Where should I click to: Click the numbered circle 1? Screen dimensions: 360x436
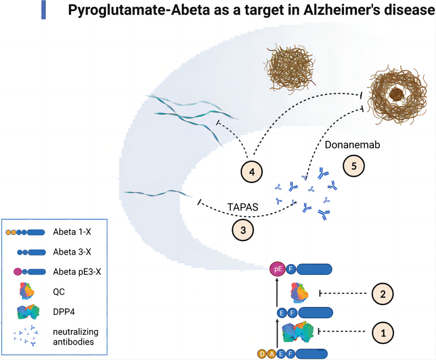383,333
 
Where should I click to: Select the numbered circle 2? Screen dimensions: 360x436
383,294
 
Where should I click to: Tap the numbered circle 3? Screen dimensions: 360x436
243,230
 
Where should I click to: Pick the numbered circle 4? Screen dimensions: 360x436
252,172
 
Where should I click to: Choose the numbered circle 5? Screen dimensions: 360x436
354,166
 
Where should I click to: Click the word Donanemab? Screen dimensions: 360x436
347,145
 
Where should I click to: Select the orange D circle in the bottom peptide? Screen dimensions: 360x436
262,354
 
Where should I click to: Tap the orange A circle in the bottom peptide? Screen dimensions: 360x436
272,354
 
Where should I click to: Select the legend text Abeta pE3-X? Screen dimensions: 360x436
76,272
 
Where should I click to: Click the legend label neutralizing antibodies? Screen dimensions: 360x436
75,337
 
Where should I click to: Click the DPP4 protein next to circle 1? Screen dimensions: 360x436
297,333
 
